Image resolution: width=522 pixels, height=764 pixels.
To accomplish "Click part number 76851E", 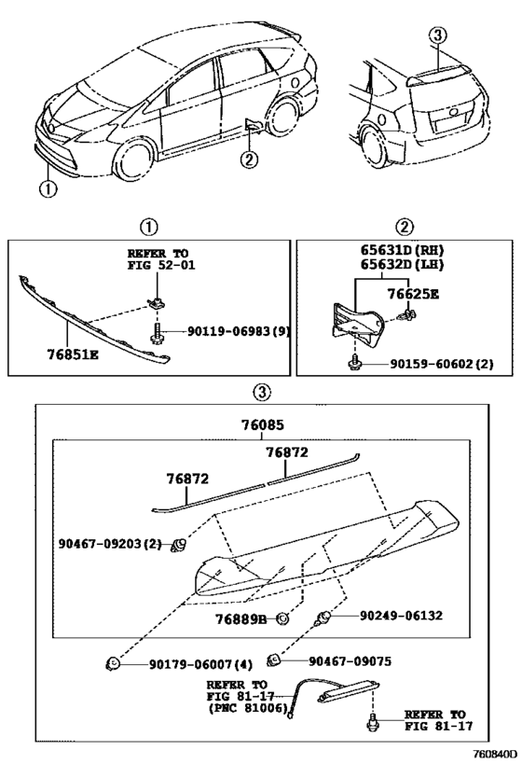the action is (x=73, y=354).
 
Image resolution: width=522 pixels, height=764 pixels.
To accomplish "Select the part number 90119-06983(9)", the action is (x=239, y=332).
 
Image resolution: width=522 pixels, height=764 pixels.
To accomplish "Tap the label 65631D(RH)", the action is (x=402, y=250).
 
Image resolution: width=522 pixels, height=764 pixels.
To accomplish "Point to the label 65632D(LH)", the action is (x=402, y=265).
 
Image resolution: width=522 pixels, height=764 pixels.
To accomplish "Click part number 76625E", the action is (x=413, y=294).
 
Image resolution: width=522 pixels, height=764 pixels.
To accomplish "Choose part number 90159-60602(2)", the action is (x=441, y=364).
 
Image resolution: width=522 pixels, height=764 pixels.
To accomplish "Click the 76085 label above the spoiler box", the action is (x=263, y=425).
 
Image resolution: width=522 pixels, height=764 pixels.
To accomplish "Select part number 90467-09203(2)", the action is (x=110, y=543).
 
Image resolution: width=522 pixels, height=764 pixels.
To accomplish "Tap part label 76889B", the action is (x=241, y=619).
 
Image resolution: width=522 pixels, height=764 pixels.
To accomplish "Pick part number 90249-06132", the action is (x=401, y=616).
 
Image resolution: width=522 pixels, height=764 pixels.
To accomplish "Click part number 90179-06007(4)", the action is (x=201, y=664).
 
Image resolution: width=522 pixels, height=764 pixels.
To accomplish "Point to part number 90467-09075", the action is (x=350, y=661).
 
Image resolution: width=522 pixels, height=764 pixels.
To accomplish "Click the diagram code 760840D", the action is (x=496, y=755).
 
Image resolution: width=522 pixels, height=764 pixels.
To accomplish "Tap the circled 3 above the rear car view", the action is (x=438, y=35).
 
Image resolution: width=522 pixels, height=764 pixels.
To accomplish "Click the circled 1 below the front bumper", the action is (x=48, y=188).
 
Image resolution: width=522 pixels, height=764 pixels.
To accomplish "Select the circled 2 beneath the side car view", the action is (x=249, y=160).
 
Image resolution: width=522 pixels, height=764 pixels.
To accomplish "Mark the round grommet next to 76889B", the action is (x=282, y=618).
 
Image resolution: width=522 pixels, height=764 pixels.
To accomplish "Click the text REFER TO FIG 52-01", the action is (x=160, y=259).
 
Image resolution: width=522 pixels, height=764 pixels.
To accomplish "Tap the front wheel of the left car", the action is (x=133, y=159).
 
